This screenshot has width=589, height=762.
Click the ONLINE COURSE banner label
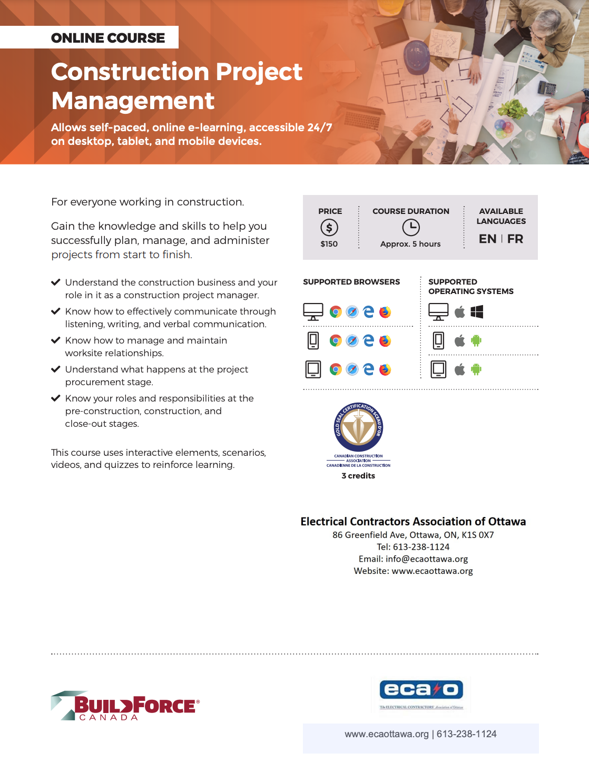[x=108, y=38]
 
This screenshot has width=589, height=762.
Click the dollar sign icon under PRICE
[x=329, y=228]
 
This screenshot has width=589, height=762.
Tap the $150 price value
[x=329, y=244]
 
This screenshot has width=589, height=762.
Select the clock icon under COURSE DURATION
[x=411, y=228]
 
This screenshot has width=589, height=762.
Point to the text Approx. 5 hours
[x=410, y=244]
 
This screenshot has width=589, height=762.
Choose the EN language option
[x=487, y=239]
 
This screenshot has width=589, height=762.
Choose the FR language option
[x=515, y=239]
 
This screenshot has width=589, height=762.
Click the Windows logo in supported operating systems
[x=477, y=312]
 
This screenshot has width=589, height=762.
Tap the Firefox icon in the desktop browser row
[x=386, y=312]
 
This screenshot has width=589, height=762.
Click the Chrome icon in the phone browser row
[x=336, y=341]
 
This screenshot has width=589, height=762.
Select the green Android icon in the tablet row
[x=476, y=369]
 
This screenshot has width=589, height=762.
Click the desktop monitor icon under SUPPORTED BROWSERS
[x=313, y=312]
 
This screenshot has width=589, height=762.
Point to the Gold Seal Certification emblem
[x=359, y=427]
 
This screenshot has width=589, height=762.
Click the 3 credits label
[x=358, y=476]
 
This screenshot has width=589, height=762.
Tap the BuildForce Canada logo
[x=125, y=706]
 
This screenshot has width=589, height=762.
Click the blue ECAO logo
[x=421, y=689]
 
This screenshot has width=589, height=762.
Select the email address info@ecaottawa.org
[x=427, y=559]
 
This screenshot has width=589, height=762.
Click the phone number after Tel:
[x=421, y=547]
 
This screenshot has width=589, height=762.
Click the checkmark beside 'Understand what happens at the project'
[x=55, y=369]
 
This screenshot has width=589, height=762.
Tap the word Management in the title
[x=133, y=101]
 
